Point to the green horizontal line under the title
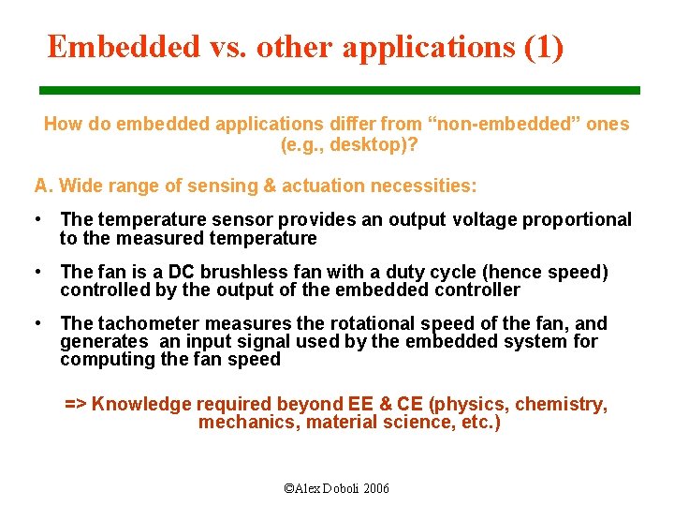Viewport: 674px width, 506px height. point(339,90)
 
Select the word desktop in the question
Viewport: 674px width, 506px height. point(373,145)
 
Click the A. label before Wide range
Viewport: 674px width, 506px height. point(43,186)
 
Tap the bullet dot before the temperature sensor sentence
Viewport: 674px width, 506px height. point(37,219)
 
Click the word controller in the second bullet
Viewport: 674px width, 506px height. point(477,290)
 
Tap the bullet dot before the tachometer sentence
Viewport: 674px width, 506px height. point(37,323)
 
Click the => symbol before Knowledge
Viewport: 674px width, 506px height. point(76,405)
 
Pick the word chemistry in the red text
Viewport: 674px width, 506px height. point(558,405)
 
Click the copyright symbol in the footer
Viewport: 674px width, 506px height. point(289,488)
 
